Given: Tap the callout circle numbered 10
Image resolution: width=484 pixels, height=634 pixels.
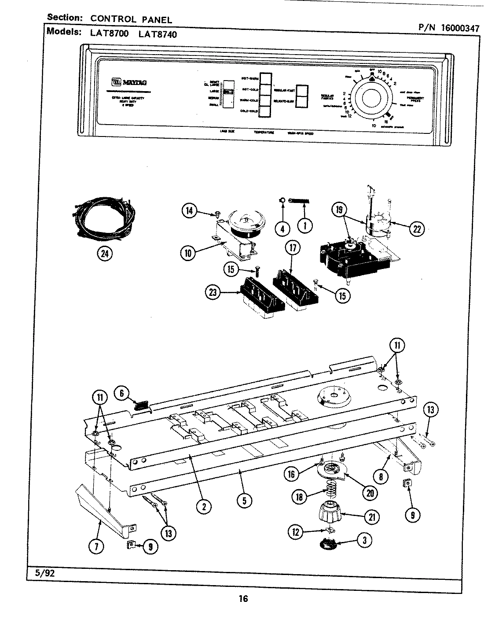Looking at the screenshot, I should tap(188, 252).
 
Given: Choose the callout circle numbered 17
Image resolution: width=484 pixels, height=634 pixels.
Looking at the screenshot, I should tap(293, 248).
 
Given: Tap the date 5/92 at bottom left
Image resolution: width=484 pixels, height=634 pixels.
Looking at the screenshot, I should tap(40, 573).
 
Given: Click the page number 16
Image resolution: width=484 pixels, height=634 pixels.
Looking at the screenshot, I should tap(243, 598).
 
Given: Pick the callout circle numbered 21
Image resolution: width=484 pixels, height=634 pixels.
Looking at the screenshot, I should tap(373, 517).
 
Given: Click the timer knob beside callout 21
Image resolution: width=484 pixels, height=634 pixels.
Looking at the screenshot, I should tap(330, 512).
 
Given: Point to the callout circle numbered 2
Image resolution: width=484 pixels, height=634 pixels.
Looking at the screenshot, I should tap(204, 507).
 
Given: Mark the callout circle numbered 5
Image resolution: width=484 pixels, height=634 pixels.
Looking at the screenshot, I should tap(244, 500).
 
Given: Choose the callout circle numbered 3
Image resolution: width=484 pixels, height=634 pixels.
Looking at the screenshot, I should tap(364, 540).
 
